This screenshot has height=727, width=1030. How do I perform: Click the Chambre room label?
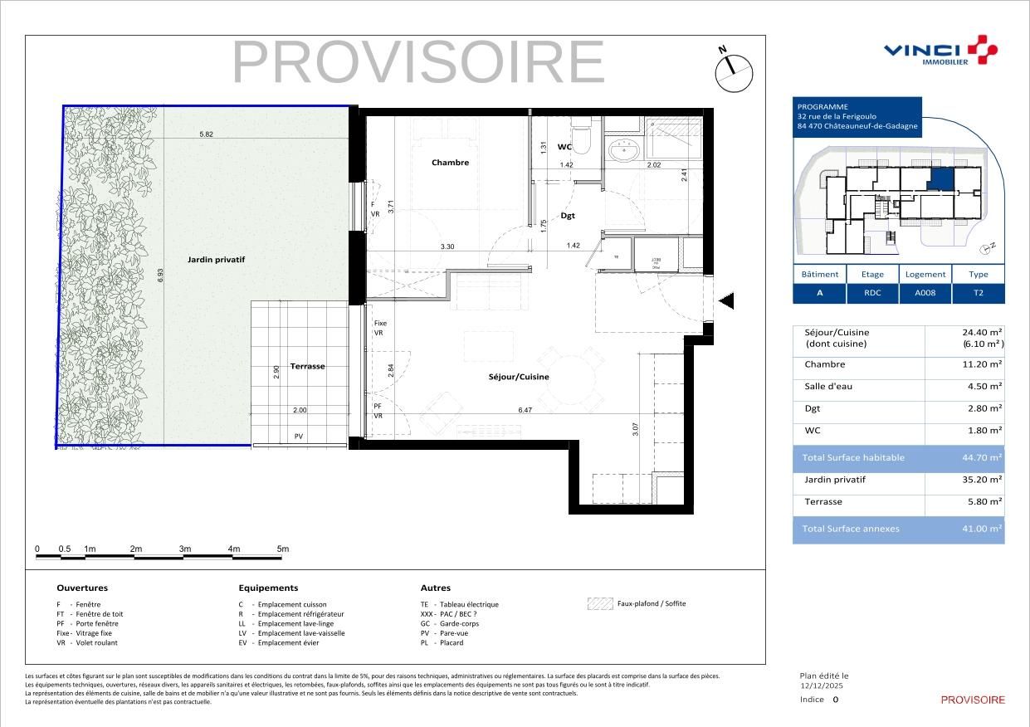click(x=450, y=163)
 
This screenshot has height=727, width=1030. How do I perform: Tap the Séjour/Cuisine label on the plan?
click(x=519, y=377)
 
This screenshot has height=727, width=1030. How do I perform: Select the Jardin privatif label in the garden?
click(x=216, y=260)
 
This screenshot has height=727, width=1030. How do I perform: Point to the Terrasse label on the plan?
click(x=307, y=366)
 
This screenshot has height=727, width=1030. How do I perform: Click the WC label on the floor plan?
click(x=564, y=147)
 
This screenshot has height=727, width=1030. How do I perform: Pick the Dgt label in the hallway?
click(x=568, y=216)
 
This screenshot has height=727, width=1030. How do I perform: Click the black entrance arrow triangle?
click(x=725, y=301)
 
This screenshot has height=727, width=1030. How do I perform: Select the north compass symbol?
click(x=733, y=71)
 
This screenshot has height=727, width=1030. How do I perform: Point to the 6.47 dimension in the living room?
click(x=525, y=410)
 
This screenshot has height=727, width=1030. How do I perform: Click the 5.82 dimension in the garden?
click(x=207, y=134)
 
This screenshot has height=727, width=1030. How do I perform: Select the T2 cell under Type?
click(x=978, y=293)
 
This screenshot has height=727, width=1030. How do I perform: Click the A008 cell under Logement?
click(x=925, y=293)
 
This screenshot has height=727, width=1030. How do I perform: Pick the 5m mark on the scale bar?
click(x=282, y=549)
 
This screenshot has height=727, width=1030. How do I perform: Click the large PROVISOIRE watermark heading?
click(x=418, y=62)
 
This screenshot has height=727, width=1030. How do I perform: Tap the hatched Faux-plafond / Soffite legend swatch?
click(x=599, y=604)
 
